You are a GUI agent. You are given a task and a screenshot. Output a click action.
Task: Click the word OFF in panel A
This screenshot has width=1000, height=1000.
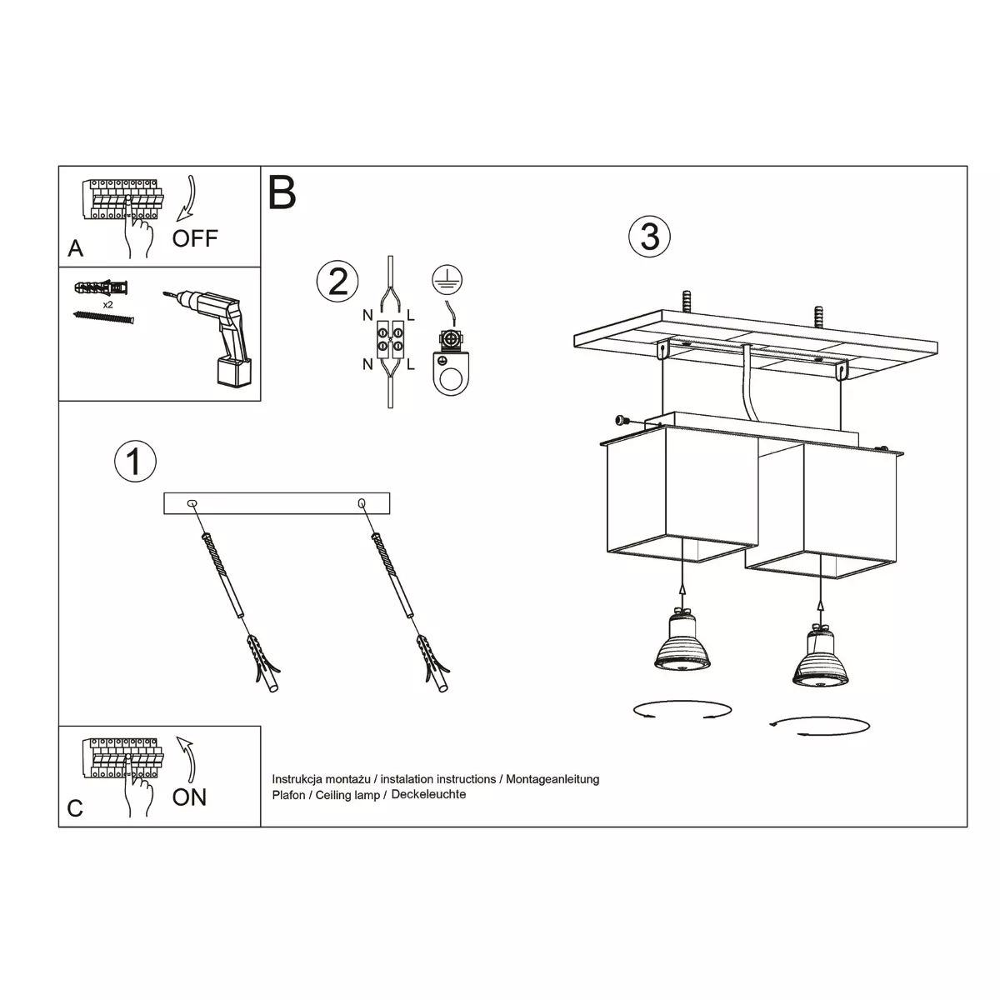point(195,238)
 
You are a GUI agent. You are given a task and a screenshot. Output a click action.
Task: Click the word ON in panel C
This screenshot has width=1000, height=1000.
point(189,797)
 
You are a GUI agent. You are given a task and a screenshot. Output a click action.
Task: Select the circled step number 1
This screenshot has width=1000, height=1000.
point(135,461)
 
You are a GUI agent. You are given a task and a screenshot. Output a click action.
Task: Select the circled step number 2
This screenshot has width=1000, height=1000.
point(337,282)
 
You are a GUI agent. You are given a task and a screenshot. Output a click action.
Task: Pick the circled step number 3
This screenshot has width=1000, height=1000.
point(649,236)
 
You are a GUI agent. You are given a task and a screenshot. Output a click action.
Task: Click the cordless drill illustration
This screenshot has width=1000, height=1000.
point(214,337)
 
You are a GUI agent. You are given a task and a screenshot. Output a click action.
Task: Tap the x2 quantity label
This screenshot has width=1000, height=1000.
point(108,305)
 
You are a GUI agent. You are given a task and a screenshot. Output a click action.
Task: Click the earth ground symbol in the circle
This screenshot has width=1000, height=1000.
point(447,280)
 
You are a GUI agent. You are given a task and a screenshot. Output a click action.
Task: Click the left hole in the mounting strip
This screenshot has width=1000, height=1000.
point(192,502)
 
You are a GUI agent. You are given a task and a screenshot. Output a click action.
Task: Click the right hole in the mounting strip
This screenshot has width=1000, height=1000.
point(362,502)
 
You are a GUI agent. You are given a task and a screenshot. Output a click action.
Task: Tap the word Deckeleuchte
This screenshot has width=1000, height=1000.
point(428,794)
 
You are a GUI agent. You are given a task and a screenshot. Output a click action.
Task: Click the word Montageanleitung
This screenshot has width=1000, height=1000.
point(552,779)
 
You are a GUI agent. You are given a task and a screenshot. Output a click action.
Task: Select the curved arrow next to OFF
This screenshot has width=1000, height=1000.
point(187,198)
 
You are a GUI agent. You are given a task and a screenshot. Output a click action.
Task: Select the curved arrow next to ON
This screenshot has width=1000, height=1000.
point(187,759)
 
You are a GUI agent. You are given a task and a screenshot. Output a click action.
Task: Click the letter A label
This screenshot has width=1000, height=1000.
point(75,248)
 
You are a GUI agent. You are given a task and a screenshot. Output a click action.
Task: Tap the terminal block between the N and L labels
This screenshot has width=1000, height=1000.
point(390,339)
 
